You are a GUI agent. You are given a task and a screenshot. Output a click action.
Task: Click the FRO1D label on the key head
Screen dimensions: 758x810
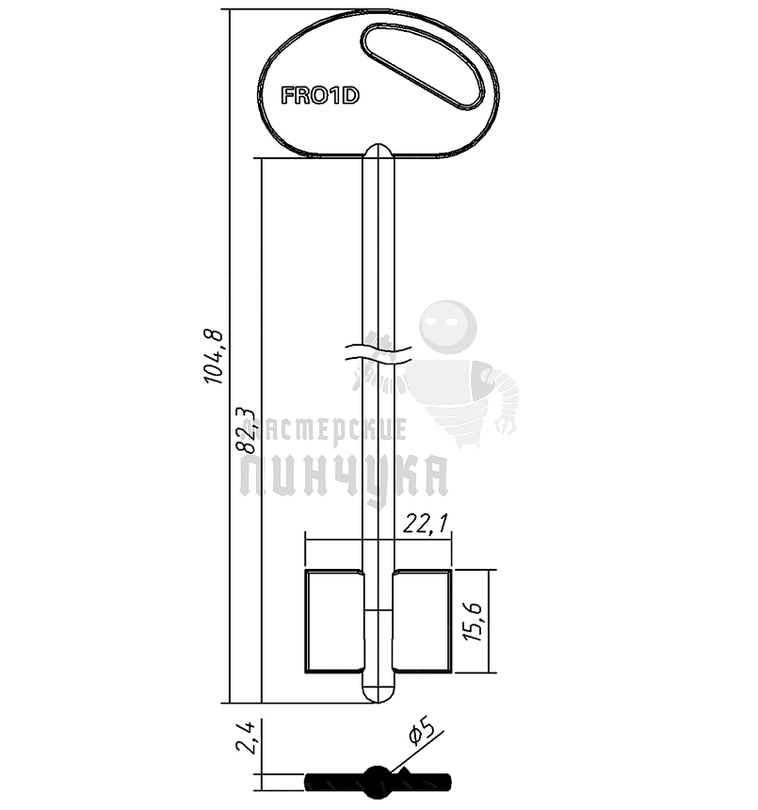click(319, 95)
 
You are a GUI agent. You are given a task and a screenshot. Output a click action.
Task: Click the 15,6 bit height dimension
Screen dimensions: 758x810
click(473, 622)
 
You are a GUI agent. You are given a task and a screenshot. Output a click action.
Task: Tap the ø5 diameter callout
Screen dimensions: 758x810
click(420, 731)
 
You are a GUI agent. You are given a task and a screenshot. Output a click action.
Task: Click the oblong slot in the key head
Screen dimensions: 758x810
click(423, 67)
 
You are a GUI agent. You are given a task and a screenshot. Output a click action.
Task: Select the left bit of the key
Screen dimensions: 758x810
click(334, 622)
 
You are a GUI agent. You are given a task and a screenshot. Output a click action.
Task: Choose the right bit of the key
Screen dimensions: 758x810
click(422, 622)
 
